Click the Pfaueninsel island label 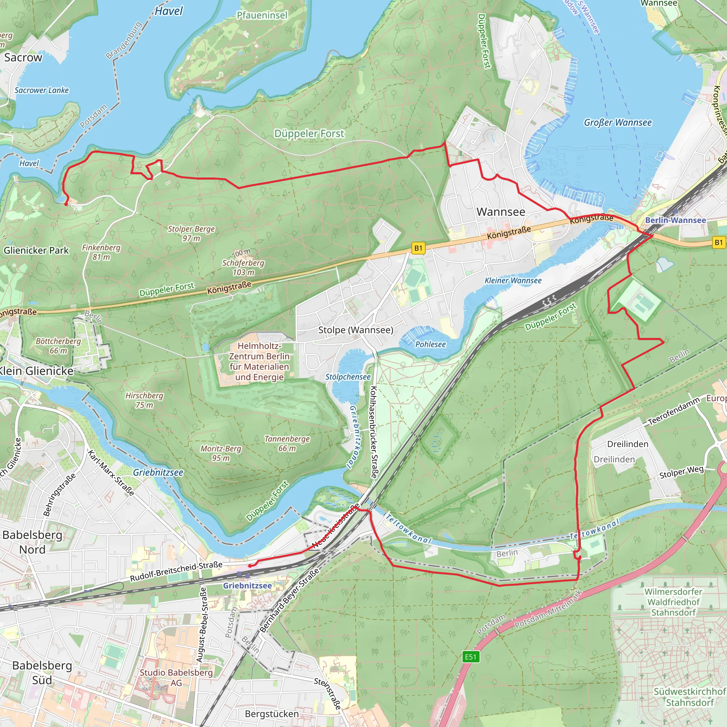point(262,15)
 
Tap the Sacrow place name point(23,58)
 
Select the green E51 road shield point(470,657)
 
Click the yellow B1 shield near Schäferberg point(418,248)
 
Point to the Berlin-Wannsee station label point(676,220)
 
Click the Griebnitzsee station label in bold point(247,585)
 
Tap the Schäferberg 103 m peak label point(243,267)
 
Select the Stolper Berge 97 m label point(191,233)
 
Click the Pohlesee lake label point(430,344)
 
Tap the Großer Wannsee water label point(618,123)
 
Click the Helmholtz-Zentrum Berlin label point(259,361)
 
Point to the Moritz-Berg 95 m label point(220,453)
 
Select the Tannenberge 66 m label point(287,443)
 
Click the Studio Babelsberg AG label point(176,677)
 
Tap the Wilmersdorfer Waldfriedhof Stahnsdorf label point(673,602)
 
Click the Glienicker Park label point(36,250)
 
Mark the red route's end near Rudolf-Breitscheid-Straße point(251,565)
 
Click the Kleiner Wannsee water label point(513,280)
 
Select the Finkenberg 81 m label point(101,252)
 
